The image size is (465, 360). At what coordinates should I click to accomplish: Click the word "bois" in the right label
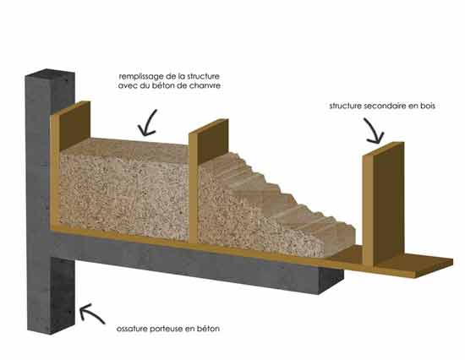428,106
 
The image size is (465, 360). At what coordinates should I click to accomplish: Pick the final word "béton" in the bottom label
210,329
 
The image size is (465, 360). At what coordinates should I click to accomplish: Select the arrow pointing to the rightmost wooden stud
374,131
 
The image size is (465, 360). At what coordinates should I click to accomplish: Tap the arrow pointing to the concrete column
90,313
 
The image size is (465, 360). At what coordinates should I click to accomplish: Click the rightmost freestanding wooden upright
383,204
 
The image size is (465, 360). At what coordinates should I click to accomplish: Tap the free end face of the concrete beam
331,281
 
